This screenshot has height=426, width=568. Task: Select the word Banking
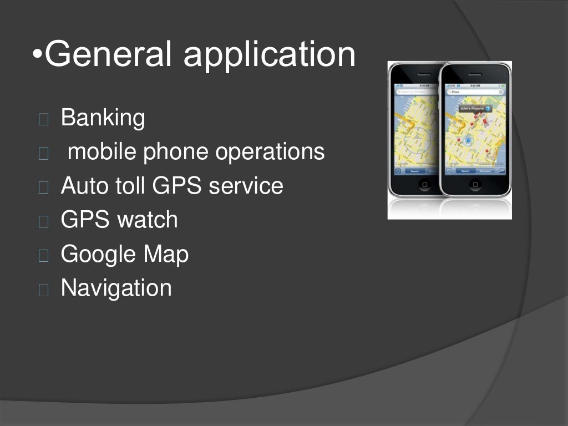pyautogui.click(x=103, y=118)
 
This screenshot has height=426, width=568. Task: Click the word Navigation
pyautogui.click(x=116, y=288)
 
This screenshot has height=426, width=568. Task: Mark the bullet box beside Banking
pyautogui.click(x=44, y=119)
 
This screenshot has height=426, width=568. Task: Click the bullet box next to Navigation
pyautogui.click(x=44, y=289)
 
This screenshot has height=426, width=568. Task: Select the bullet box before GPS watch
pyautogui.click(x=44, y=221)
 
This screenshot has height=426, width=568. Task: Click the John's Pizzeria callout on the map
pyautogui.click(x=473, y=108)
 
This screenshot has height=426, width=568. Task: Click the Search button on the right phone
pyautogui.click(x=465, y=171)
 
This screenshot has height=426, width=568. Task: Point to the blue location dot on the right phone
pyautogui.click(x=468, y=140)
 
